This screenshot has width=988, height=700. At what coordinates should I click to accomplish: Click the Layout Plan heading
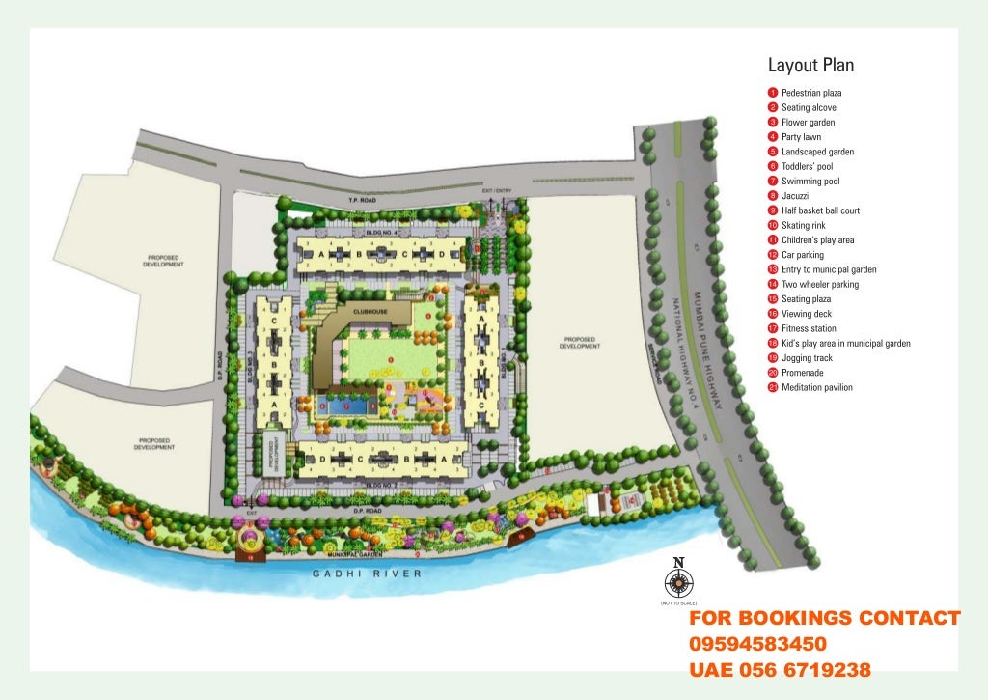tap(810, 66)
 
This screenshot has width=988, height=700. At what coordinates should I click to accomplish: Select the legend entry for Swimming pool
tap(810, 181)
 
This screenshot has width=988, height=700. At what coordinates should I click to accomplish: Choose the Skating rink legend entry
tap(806, 225)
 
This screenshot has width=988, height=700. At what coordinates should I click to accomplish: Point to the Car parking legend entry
tap(802, 255)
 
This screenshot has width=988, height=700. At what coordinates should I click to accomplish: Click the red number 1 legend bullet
tap(773, 93)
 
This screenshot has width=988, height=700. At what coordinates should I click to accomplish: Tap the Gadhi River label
tap(367, 574)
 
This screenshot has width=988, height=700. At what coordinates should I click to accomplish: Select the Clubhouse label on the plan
tap(370, 312)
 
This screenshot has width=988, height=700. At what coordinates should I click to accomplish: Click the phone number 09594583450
tap(757, 644)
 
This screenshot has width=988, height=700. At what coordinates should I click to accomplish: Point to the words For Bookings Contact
tap(824, 618)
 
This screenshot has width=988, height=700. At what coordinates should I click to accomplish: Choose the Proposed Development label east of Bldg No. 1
tap(579, 343)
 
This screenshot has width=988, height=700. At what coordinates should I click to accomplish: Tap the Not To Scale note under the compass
tap(678, 602)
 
